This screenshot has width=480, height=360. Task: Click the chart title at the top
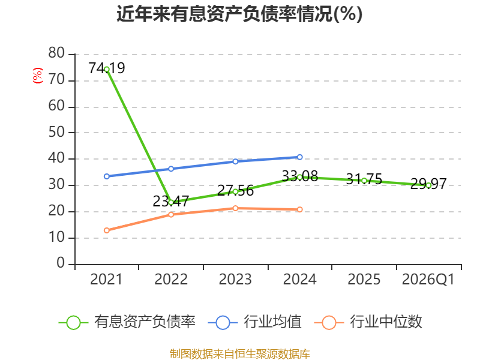tap(239, 14)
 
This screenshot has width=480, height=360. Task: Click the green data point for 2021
tap(107, 70)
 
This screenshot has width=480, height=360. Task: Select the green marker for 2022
tap(171, 202)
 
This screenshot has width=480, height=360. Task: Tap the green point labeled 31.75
tap(364, 181)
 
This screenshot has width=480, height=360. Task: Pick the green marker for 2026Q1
tap(428, 185)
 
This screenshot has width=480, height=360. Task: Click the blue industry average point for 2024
tap(299, 157)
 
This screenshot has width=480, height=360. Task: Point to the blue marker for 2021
tap(107, 176)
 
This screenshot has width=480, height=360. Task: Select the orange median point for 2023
tap(235, 208)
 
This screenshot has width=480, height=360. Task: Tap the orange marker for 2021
tap(107, 230)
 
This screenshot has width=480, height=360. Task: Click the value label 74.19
tap(107, 68)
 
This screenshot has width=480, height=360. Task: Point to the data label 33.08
tap(299, 176)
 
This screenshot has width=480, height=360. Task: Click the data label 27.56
tap(235, 190)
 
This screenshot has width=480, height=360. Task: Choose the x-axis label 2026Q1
tap(428, 279)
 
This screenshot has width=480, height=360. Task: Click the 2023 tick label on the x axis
tap(235, 279)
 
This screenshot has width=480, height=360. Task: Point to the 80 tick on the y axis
tap(56, 53)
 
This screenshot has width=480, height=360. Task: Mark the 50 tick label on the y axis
tap(56, 132)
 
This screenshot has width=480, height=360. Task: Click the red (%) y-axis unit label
tap(38, 76)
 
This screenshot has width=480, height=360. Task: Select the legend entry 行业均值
tap(254, 322)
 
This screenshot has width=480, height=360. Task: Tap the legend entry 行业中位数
tap(368, 322)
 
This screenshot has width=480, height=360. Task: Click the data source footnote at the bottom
tap(239, 354)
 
